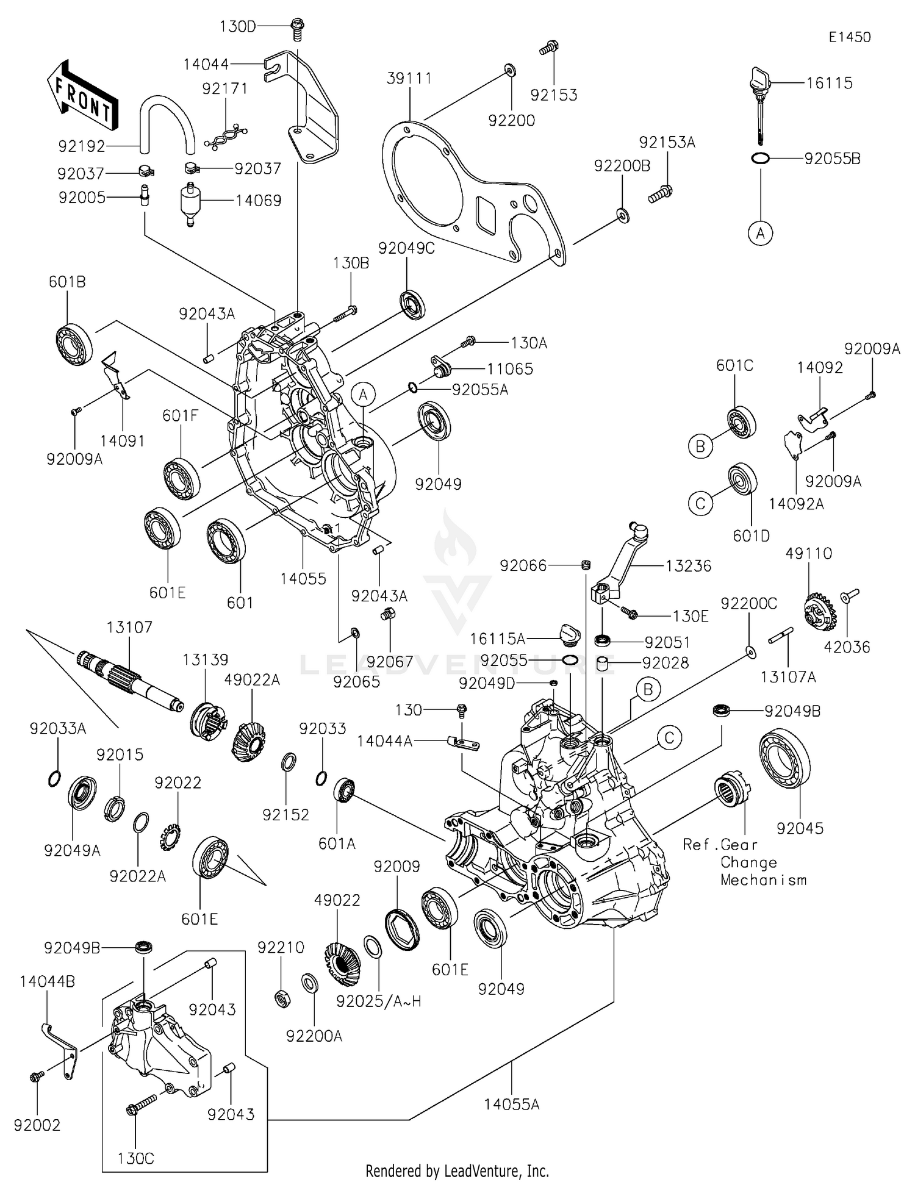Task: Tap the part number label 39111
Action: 409,78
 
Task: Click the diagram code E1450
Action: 849,37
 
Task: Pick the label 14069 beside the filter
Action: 259,201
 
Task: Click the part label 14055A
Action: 512,1104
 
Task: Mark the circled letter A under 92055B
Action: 760,233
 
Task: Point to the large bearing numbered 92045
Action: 785,758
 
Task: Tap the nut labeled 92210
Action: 282,998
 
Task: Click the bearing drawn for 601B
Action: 74,342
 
